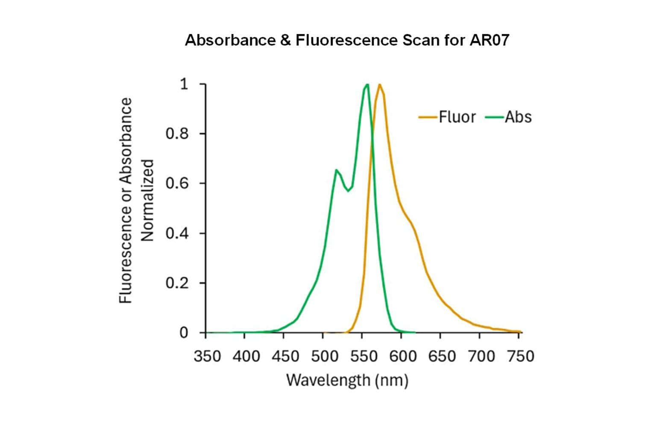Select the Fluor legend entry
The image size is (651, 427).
coord(457,117)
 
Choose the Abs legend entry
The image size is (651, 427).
coord(518,117)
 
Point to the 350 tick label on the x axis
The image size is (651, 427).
coord(207,356)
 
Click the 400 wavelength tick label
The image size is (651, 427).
coord(246,356)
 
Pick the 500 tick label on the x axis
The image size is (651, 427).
coord(325,356)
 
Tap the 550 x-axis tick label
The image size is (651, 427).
coord(364,356)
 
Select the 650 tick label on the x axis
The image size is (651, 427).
coord(442,356)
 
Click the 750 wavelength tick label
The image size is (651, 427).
coord(521,356)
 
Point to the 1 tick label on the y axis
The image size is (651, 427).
coord(184,84)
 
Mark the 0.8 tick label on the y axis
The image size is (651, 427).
coord(177,134)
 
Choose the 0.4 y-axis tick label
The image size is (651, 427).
coord(177,234)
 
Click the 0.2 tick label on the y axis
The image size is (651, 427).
coord(177,283)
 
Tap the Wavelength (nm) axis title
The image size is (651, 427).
coord(347,380)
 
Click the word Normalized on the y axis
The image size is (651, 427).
coord(147,200)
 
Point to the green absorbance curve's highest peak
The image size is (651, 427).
coord(367,85)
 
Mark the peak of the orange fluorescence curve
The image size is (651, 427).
coord(379,85)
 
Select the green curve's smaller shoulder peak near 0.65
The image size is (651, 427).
coord(337,170)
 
